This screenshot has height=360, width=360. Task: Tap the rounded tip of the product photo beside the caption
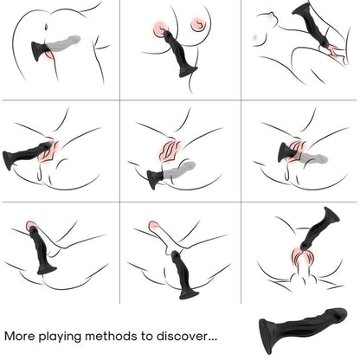pyautogui.click(x=338, y=316)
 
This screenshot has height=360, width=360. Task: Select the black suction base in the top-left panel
pyautogui.click(x=36, y=52)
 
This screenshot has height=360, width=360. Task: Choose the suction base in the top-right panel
pyautogui.click(x=304, y=10)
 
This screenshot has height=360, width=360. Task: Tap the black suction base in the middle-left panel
pyautogui.click(x=11, y=159)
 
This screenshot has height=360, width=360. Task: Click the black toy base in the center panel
pyautogui.click(x=154, y=179)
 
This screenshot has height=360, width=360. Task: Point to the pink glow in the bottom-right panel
pyautogui.click(x=301, y=257)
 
